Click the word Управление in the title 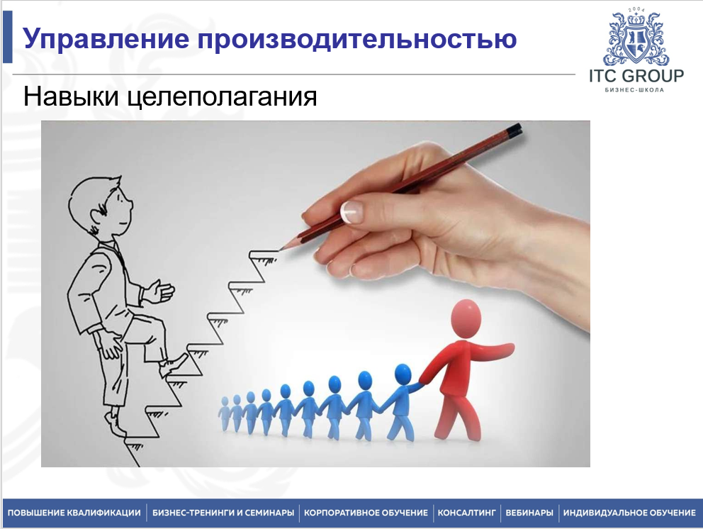pyautogui.click(x=106, y=39)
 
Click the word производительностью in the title pyautogui.click(x=357, y=38)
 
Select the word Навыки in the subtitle pyautogui.click(x=71, y=96)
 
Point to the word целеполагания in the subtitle pyautogui.click(x=223, y=97)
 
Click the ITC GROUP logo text pyautogui.click(x=636, y=76)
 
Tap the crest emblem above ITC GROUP pyautogui.click(x=636, y=37)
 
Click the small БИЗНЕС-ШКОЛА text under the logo pyautogui.click(x=634, y=90)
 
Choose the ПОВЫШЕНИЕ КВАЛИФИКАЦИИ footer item pyautogui.click(x=74, y=513)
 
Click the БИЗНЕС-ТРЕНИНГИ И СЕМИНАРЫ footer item pyautogui.click(x=223, y=513)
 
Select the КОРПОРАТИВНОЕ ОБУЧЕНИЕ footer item pyautogui.click(x=366, y=513)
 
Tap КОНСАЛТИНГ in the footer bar pyautogui.click(x=467, y=513)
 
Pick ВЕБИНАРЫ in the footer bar pyautogui.click(x=529, y=513)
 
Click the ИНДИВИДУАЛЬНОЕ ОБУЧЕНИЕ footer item pyautogui.click(x=629, y=513)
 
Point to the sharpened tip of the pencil pyautogui.click(x=281, y=248)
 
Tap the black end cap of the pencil pyautogui.click(x=514, y=129)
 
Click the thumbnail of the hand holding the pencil pyautogui.click(x=351, y=212)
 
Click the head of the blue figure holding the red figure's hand pyautogui.click(x=403, y=375)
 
